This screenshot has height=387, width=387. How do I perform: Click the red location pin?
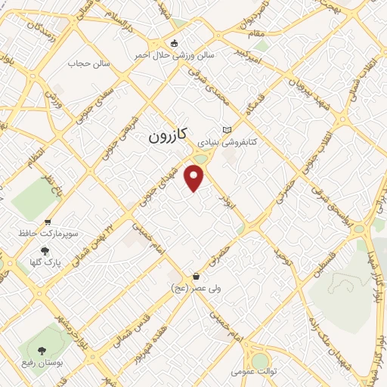195,178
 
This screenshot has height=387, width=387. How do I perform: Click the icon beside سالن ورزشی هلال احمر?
175,43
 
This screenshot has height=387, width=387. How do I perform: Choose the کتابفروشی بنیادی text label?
228,141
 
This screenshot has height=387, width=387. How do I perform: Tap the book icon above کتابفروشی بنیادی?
228,130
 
